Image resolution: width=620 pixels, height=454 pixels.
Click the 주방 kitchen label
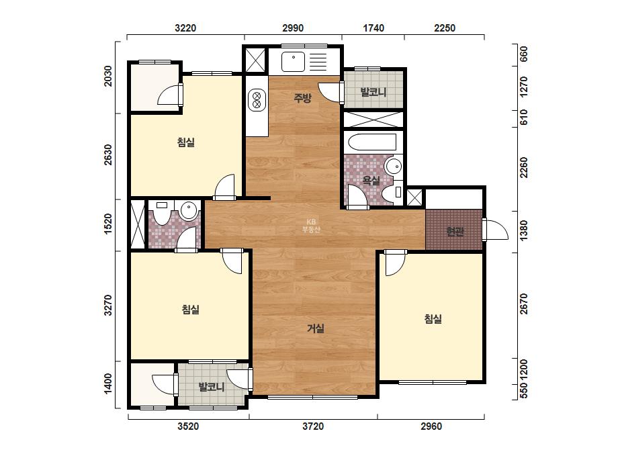tap(302, 97)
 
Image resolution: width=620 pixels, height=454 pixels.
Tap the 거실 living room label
tap(316, 328)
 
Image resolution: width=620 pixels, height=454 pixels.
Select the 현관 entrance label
tap(455, 231)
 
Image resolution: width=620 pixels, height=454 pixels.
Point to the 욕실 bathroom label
tap(371, 181)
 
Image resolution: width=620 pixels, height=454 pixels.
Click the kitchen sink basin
tap(293, 62)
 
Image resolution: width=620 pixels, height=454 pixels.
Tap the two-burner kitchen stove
tap(256, 99)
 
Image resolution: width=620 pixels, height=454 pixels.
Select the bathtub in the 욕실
tap(372, 142)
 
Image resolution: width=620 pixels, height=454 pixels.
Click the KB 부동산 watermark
tap(311, 226)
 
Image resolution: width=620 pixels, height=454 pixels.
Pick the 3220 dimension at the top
tap(185, 28)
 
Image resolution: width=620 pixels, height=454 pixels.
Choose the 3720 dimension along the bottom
tap(313, 426)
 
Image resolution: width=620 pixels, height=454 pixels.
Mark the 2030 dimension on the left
tap(108, 76)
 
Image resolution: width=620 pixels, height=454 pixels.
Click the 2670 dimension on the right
tap(523, 304)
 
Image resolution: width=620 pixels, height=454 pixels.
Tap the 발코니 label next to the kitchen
tap(373, 92)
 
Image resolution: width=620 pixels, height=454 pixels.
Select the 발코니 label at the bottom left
tap(212, 386)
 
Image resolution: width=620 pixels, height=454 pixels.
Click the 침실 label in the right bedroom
tap(433, 319)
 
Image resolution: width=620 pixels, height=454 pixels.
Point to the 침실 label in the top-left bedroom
tap(186, 142)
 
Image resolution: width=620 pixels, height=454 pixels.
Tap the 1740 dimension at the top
tap(373, 28)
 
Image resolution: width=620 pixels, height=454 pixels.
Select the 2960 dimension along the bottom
tap(431, 426)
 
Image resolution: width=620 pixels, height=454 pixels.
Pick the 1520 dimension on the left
tap(108, 224)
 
